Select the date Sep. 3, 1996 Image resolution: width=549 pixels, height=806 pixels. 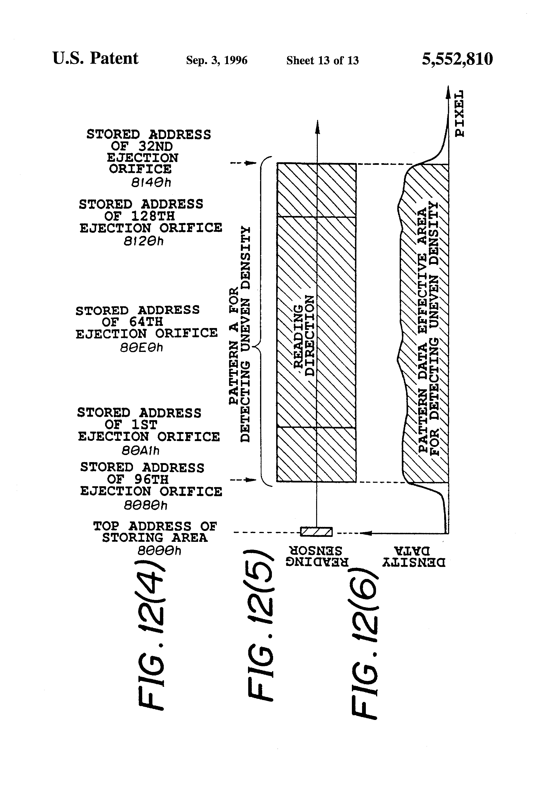pyautogui.click(x=217, y=60)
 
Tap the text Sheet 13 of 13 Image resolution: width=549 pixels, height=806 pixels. pyautogui.click(x=322, y=61)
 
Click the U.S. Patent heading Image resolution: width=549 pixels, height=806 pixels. pyautogui.click(x=95, y=58)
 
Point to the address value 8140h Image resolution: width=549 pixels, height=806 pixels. pyautogui.click(x=151, y=182)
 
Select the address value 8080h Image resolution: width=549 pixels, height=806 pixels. pyautogui.click(x=145, y=505)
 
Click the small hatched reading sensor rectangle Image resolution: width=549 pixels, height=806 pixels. pyautogui.click(x=316, y=532)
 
